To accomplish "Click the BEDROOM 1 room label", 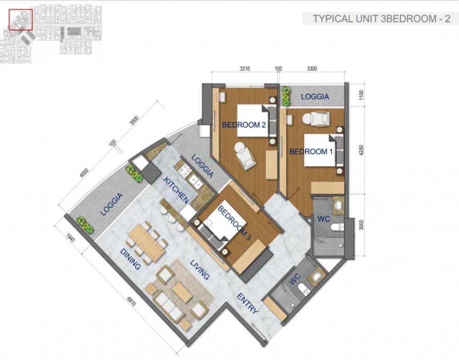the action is (311, 152).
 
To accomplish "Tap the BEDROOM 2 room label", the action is (244, 125).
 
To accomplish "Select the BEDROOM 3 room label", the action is (234, 223).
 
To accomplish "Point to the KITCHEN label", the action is (176, 190).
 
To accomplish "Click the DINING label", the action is (130, 259).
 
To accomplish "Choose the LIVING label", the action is (200, 270).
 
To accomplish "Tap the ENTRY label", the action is (247, 303).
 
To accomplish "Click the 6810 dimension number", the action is (131, 301).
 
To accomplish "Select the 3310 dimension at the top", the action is (245, 69).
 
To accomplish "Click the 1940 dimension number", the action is (70, 237).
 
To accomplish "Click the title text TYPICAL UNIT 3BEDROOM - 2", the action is (381, 19).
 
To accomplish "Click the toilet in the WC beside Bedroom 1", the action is (338, 227).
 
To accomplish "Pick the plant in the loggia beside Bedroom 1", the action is (286, 96).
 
